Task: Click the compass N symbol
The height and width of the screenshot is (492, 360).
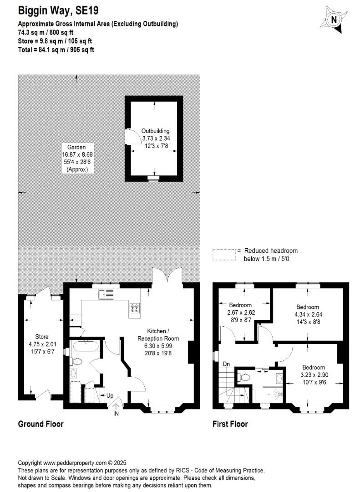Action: (334, 20)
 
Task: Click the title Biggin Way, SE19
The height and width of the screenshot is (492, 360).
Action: (58, 10)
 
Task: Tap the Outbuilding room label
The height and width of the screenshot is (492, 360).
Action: (155, 131)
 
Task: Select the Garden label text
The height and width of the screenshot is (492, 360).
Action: (76, 147)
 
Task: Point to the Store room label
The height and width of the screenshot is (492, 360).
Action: (42, 337)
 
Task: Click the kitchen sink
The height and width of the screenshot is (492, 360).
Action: (106, 294)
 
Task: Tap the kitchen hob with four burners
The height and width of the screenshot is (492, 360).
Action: (135, 308)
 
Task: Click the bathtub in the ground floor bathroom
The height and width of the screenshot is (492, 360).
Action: (86, 346)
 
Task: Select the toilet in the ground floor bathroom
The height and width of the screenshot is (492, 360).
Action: (77, 361)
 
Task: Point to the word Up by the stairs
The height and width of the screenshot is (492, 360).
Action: (110, 396)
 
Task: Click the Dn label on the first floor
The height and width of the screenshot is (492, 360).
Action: (226, 364)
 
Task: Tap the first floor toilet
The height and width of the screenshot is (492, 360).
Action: (244, 377)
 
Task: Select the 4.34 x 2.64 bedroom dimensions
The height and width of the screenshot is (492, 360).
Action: (308, 314)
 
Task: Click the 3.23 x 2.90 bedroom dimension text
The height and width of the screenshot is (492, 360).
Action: (314, 374)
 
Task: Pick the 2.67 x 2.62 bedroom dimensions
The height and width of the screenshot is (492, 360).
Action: (241, 313)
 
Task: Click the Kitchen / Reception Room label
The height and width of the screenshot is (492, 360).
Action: (158, 335)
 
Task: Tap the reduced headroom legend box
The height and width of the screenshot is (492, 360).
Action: (224, 255)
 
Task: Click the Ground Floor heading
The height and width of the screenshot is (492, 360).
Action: (41, 424)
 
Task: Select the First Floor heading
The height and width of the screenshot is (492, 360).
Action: (230, 424)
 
